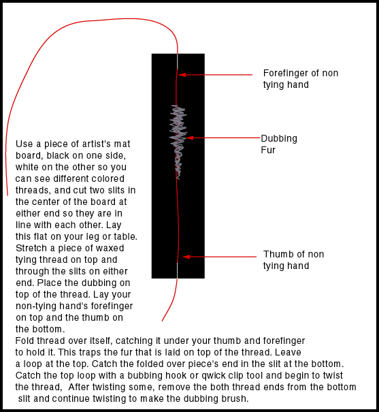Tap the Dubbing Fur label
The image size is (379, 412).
pos(279,144)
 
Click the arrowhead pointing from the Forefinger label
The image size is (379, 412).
pos(182,75)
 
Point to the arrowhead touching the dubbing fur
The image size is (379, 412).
pos(190,138)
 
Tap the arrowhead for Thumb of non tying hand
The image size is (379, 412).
pos(186,257)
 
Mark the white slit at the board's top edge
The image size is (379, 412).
pos(178,61)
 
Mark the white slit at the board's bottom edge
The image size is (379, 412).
pos(177,270)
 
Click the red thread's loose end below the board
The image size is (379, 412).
pos(162,321)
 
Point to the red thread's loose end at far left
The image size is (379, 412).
pos(7,195)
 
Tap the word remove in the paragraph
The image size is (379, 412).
pos(174,387)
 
